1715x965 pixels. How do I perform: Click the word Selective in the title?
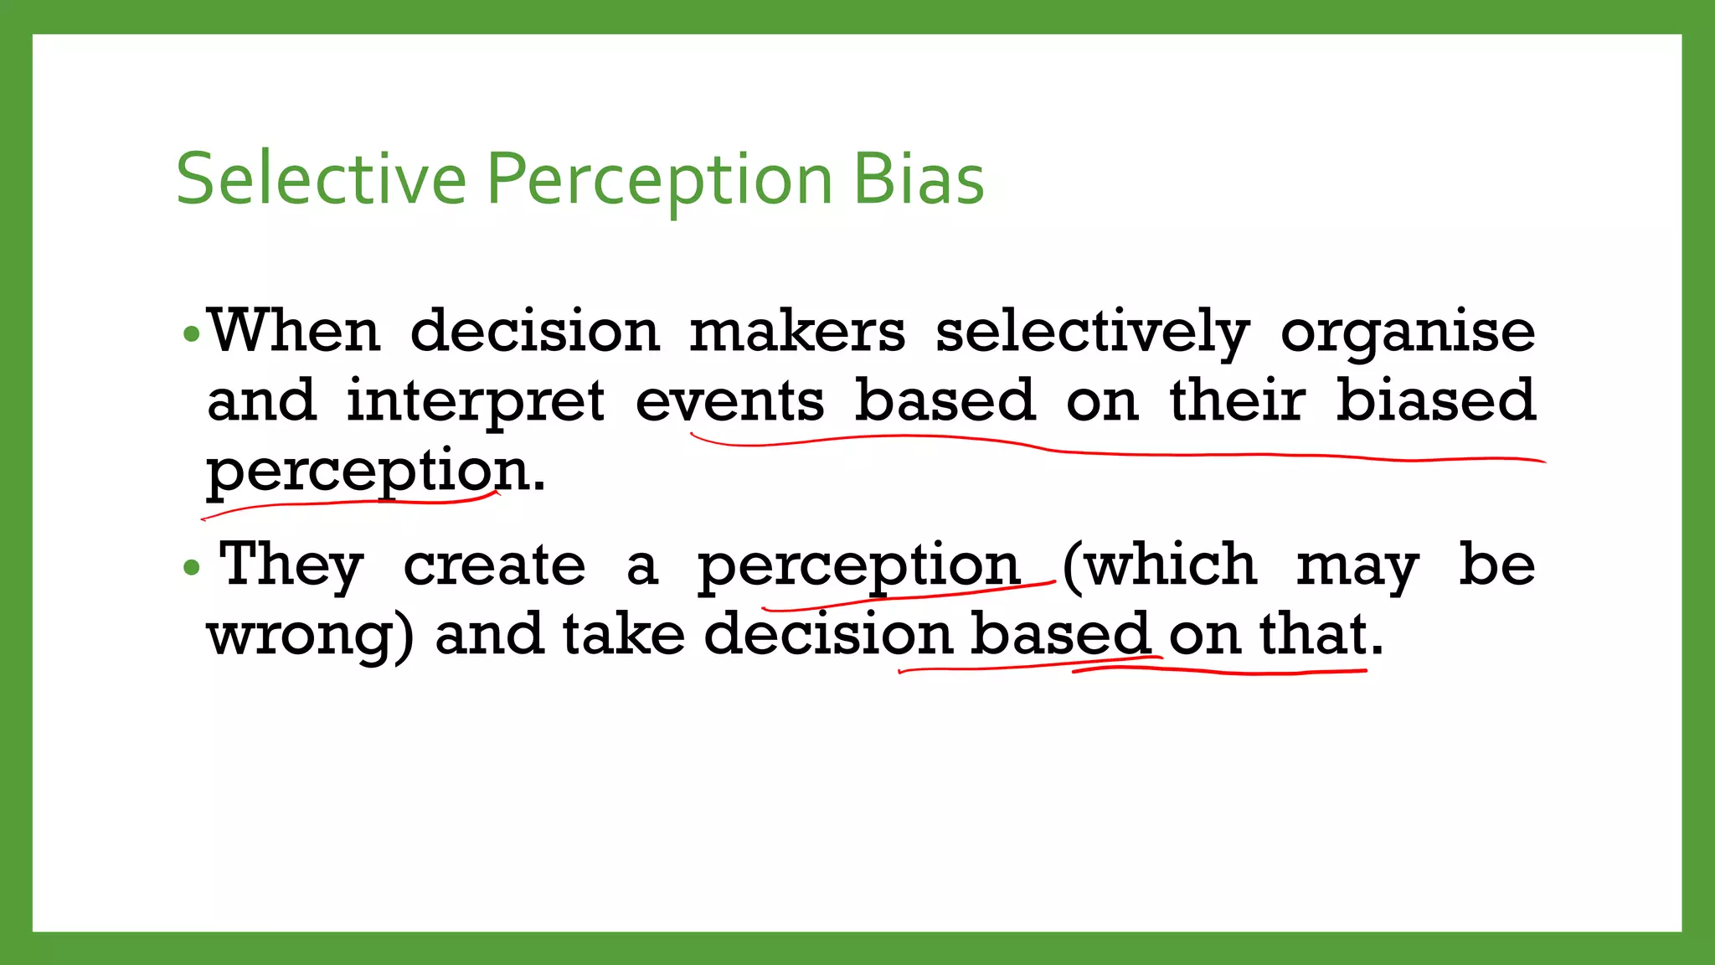(x=321, y=178)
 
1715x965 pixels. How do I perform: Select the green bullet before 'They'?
(x=192, y=568)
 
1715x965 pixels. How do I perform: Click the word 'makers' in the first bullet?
(x=797, y=331)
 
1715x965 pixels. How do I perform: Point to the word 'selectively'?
(x=1092, y=333)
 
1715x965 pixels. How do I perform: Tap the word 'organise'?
(x=1408, y=333)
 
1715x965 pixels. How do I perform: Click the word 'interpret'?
(x=476, y=402)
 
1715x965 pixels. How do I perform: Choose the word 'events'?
(x=729, y=401)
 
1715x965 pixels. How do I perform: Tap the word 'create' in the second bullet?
(x=494, y=565)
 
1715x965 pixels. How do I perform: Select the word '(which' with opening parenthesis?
(x=1160, y=565)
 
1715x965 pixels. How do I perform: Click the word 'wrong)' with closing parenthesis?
(x=310, y=635)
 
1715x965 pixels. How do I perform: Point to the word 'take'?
(x=624, y=634)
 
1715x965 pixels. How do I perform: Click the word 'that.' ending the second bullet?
(x=1321, y=634)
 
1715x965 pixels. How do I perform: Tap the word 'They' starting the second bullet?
(x=291, y=565)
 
